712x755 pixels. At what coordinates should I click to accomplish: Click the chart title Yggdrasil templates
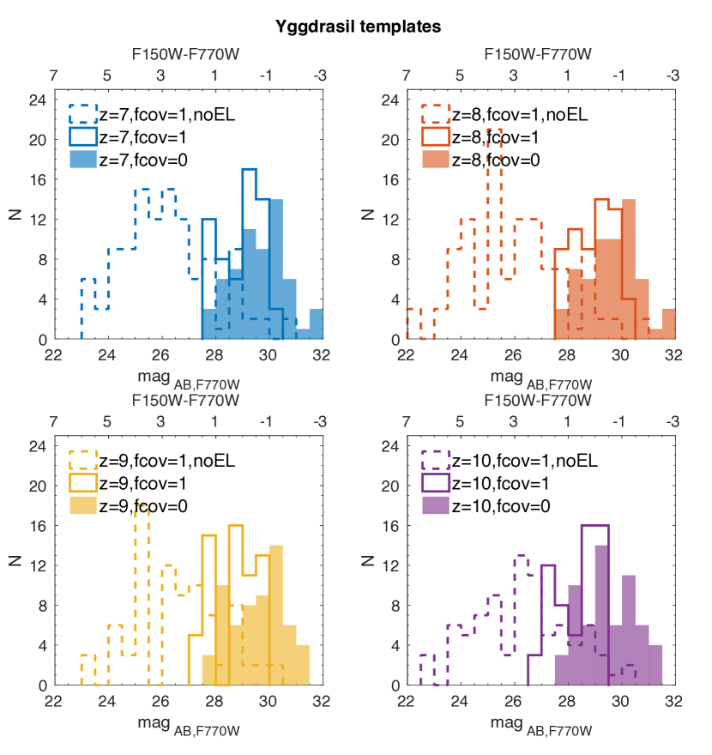359,27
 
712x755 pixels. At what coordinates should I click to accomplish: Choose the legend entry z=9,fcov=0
142,505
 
